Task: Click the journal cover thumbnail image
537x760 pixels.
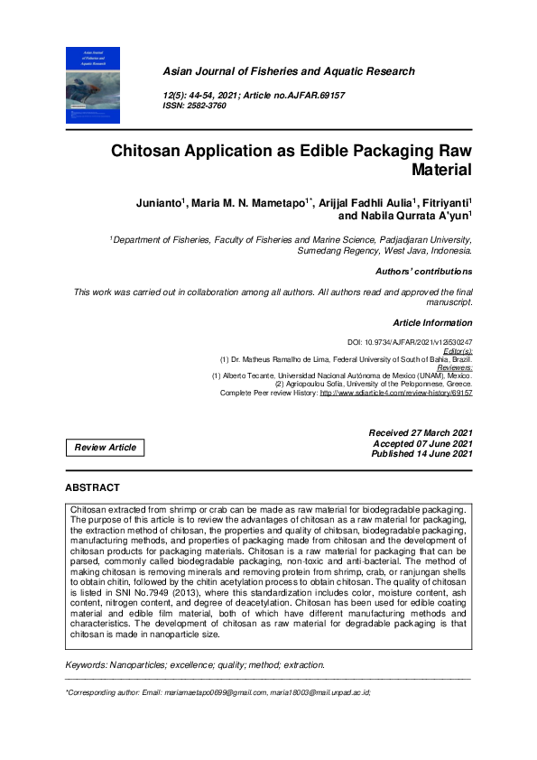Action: tap(93, 86)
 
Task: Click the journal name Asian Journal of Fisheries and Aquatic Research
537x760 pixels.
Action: tap(288, 71)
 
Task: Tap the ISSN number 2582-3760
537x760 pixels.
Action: tap(208, 106)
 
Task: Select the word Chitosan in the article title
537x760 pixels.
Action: tap(150, 151)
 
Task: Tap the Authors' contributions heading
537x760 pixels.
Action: tap(423, 271)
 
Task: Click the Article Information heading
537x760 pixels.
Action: tap(432, 322)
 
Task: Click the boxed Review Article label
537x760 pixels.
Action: tap(106, 448)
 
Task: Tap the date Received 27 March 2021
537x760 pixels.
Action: tap(421, 433)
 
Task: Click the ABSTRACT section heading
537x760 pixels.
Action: tap(92, 487)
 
